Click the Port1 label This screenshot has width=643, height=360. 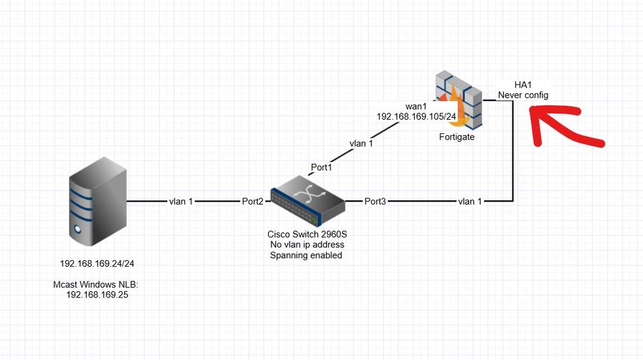322,167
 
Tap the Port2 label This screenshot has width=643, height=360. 252,202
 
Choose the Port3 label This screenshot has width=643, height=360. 375,202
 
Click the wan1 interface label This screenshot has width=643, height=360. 416,106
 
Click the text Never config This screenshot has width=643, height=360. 523,95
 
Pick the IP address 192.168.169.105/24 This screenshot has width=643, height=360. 416,117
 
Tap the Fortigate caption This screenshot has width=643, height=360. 456,137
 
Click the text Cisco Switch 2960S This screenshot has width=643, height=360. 306,234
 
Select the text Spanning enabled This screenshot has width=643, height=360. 306,255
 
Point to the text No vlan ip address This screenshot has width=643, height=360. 306,245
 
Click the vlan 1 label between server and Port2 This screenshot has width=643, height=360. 181,202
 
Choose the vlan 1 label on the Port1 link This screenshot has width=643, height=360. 361,144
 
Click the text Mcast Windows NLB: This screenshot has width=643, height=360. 94,284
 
